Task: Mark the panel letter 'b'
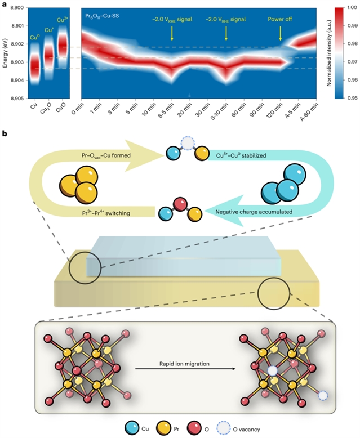5,134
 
